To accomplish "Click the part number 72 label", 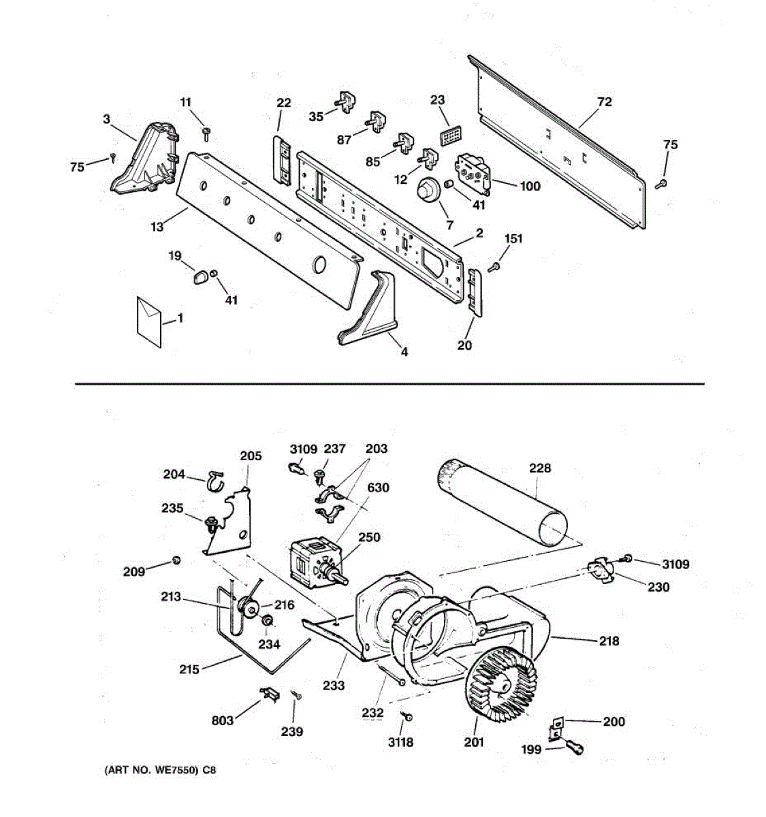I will (604, 102).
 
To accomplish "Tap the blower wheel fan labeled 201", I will (505, 682).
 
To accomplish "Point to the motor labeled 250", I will (313, 559).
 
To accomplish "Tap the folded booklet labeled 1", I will (149, 321).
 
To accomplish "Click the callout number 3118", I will (400, 741).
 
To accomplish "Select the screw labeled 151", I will (496, 266).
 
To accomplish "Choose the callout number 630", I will (379, 487).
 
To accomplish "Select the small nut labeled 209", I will (177, 560).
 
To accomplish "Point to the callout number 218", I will (609, 641).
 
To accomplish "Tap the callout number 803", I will (223, 720).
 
